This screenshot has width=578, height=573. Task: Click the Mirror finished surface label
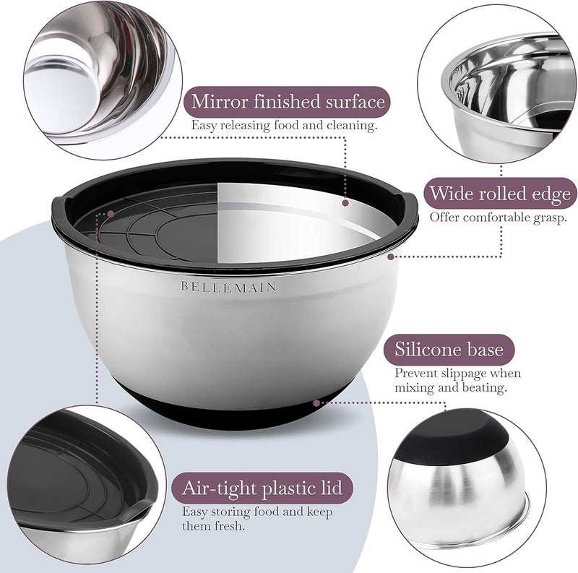(x=288, y=101)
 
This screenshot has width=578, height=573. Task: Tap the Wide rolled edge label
(x=500, y=194)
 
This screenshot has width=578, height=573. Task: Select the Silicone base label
(x=449, y=350)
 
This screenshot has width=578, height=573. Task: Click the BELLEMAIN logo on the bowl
(x=228, y=286)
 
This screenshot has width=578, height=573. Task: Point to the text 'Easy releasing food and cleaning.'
(x=284, y=126)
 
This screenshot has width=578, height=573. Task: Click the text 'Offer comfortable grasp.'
(x=499, y=217)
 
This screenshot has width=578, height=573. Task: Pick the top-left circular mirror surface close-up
(x=94, y=72)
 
